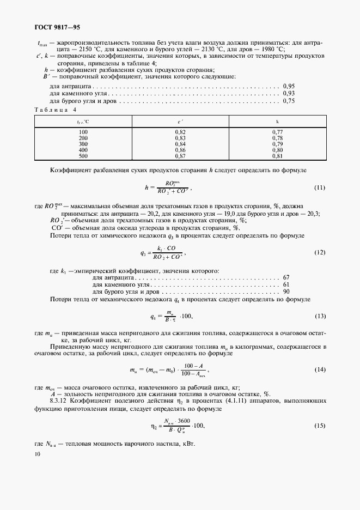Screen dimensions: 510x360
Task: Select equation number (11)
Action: coord(320,188)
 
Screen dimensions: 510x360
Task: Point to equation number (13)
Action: coord(320,316)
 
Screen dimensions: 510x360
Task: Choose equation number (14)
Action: coord(320,370)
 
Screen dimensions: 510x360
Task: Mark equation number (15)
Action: coord(320,425)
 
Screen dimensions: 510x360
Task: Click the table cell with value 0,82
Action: coord(180,132)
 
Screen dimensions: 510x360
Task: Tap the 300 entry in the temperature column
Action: coord(83,144)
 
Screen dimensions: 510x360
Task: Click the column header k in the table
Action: coord(277,122)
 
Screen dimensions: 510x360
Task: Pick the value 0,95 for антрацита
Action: coord(289,86)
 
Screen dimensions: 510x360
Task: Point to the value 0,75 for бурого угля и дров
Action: coord(289,101)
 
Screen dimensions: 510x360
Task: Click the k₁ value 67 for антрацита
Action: coord(286,277)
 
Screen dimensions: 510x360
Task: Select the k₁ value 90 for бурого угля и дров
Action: coord(286,292)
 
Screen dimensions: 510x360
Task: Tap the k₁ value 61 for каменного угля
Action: coord(286,285)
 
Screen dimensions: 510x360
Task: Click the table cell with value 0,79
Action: coord(277,144)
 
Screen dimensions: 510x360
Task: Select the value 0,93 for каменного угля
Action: coord(289,94)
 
